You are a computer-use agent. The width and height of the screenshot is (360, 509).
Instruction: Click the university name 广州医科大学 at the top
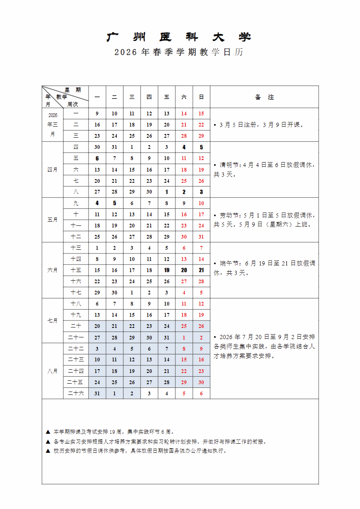click(179, 37)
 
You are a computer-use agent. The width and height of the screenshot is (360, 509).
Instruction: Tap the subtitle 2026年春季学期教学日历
click(179, 53)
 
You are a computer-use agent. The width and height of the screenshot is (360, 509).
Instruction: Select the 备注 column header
click(264, 97)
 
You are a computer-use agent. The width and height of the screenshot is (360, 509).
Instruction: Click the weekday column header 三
click(132, 97)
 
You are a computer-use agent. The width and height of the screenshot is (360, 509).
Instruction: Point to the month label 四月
click(53, 170)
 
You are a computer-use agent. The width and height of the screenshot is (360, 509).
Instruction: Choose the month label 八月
click(53, 371)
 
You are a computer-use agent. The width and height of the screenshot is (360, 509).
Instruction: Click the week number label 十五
click(76, 270)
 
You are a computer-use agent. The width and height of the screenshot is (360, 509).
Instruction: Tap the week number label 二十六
click(76, 393)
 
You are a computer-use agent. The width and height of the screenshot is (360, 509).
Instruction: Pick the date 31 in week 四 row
click(115, 147)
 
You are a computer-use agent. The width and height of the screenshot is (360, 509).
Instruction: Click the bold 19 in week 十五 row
click(167, 270)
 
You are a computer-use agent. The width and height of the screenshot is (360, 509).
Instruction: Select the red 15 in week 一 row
click(201, 114)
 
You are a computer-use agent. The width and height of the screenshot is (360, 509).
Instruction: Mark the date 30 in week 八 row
click(149, 192)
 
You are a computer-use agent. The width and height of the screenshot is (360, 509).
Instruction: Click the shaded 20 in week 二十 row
click(97, 326)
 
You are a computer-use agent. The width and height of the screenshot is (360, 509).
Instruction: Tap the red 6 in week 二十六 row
click(201, 393)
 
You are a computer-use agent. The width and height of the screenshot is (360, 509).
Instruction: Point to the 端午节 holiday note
click(264, 268)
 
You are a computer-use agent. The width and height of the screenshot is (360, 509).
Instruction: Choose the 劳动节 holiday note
click(264, 220)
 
